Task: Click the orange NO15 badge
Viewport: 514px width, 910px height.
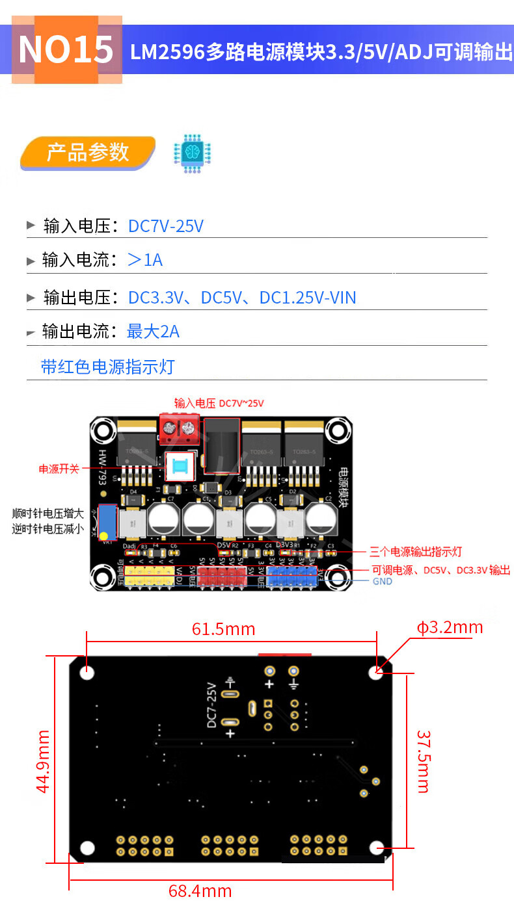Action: click(66, 50)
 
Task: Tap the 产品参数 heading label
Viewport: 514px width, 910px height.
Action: click(87, 153)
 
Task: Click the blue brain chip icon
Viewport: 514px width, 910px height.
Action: click(192, 153)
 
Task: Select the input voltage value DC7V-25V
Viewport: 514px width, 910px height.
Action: click(166, 226)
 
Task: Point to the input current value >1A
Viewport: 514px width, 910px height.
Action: click(144, 261)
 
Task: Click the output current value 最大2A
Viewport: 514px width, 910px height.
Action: click(153, 331)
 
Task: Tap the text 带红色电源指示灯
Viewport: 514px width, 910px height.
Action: click(108, 367)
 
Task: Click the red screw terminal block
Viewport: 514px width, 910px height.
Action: click(179, 428)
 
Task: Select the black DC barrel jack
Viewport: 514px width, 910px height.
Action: click(221, 446)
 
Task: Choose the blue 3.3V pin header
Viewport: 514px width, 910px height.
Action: click(291, 575)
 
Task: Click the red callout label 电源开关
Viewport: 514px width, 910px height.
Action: click(59, 469)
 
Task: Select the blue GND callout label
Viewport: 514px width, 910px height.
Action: click(382, 581)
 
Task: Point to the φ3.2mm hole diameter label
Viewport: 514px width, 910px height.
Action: click(450, 627)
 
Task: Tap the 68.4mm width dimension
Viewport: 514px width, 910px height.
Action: click(200, 891)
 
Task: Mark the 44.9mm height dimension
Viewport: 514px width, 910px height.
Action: click(43, 761)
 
